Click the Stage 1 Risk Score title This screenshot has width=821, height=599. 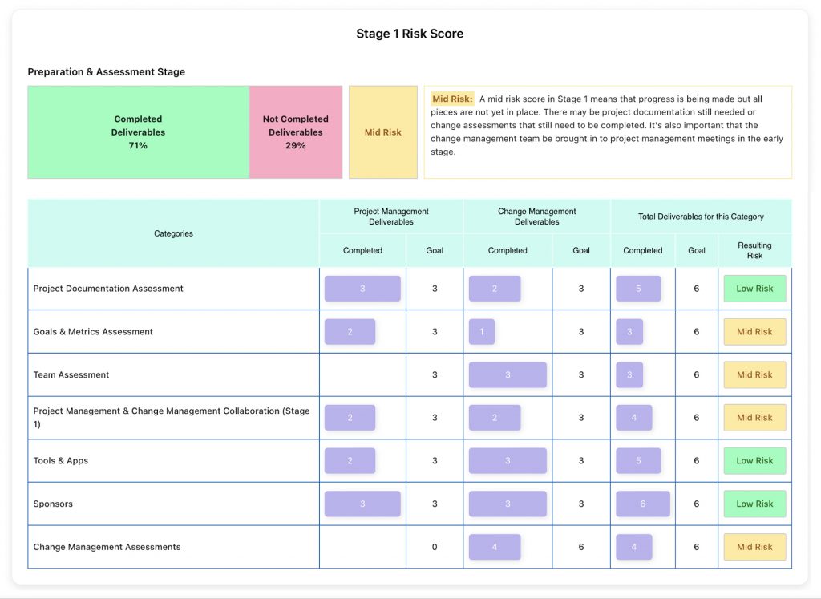410,34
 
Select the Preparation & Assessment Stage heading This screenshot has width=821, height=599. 106,72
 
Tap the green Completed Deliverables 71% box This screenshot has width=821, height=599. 138,132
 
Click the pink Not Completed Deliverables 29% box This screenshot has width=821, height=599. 295,132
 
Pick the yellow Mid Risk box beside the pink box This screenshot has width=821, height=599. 382,132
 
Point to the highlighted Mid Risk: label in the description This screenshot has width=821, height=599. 453,99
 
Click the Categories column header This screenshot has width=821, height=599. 173,233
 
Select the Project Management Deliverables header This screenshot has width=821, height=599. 391,217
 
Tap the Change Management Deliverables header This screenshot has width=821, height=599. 536,217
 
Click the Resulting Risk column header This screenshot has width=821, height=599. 754,250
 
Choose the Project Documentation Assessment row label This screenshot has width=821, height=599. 108,289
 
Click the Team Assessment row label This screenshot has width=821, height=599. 71,374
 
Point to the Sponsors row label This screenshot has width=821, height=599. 53,504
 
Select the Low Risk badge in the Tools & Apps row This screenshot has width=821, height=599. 754,461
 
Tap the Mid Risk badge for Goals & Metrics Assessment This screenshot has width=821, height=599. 754,332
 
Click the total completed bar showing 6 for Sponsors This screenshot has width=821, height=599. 642,504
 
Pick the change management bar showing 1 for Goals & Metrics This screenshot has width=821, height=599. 482,332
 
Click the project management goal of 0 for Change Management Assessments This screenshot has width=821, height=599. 435,547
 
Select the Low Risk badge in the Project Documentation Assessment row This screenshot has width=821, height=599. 754,289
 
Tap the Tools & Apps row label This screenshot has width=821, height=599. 61,461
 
